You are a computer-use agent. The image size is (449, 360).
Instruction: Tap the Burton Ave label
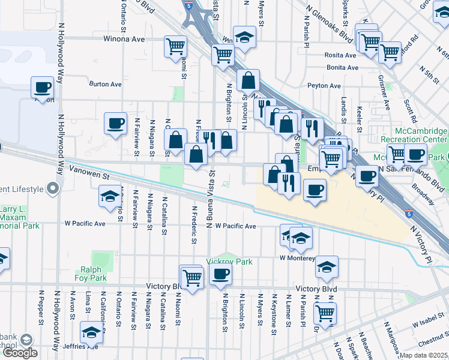[106, 85]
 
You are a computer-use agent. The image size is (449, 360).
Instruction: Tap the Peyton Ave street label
[324, 86]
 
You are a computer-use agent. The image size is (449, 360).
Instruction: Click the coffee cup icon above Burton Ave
[43, 87]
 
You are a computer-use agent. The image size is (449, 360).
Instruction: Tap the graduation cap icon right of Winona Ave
[244, 37]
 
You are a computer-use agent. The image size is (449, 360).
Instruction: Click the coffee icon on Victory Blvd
[221, 274]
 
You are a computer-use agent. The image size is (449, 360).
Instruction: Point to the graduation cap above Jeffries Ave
[91, 331]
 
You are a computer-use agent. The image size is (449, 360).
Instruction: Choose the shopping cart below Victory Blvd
[325, 311]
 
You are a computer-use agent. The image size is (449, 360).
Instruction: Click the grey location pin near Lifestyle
[52, 189]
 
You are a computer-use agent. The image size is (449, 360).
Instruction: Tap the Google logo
[20, 353]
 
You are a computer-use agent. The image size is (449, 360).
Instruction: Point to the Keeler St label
[360, 117]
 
